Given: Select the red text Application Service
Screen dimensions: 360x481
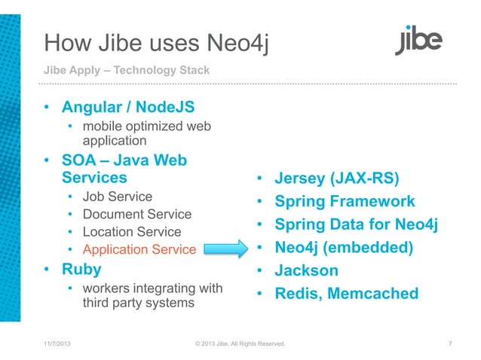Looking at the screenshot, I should (x=139, y=249).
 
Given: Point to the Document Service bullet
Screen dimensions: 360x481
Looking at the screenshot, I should (x=137, y=215).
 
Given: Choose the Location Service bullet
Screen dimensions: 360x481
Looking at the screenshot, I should (x=132, y=232).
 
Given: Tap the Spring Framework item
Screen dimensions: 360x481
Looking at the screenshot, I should (x=345, y=202).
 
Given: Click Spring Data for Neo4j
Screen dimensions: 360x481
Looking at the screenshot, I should (x=357, y=224).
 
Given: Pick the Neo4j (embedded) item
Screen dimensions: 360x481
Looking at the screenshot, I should (x=344, y=247).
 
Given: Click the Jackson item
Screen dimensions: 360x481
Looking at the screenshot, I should (x=306, y=270).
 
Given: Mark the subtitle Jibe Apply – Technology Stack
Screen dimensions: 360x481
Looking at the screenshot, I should (x=126, y=71).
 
